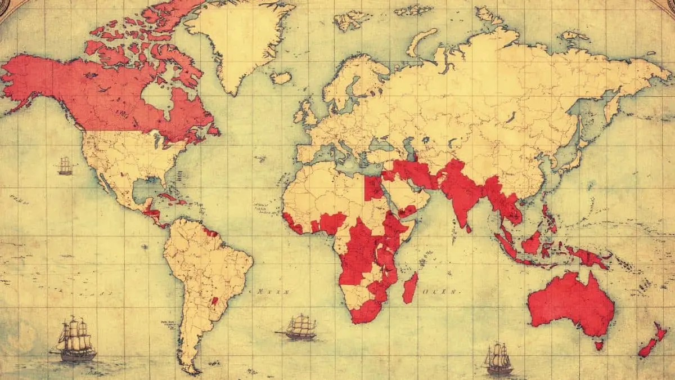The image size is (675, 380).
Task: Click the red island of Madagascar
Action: tap(411, 287)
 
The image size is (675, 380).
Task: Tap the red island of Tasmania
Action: tap(598, 344)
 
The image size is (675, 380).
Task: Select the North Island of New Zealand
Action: tap(660, 333)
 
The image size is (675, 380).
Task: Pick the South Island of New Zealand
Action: tap(647, 348)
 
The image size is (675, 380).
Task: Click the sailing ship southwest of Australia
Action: tap(498, 359)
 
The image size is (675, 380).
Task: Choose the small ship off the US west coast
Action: tap(65, 166)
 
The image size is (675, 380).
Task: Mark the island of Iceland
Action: tap(281, 78)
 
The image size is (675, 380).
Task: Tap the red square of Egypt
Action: tap(373, 188)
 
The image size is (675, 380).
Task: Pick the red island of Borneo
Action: tap(532, 243)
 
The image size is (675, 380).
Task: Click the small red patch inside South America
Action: tap(214, 301)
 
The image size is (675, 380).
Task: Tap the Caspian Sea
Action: tap(411, 150)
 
